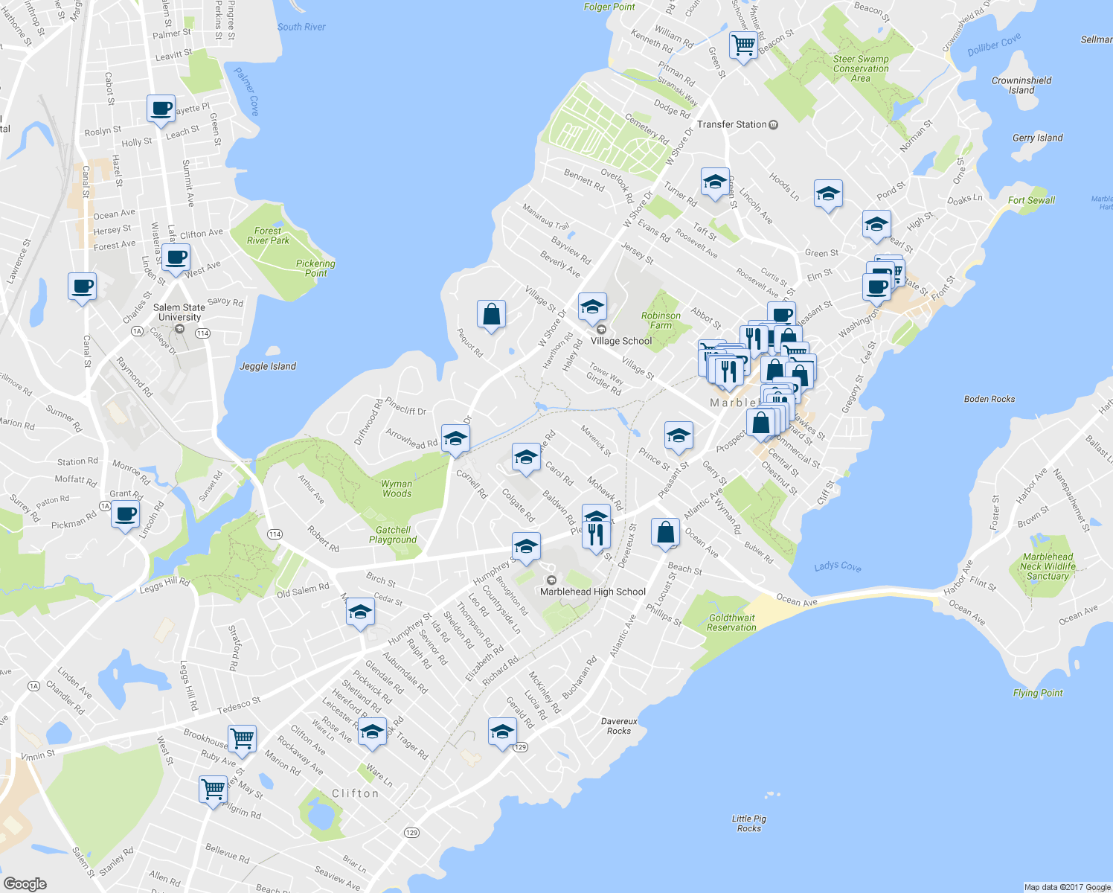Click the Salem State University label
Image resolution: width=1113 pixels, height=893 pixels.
(x=179, y=312)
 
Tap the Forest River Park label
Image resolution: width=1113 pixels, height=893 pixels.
(x=268, y=236)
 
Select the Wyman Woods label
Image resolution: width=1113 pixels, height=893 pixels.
(x=397, y=488)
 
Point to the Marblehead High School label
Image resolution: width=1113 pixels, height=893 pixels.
(x=592, y=592)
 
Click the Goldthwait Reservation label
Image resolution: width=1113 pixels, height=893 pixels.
(x=731, y=623)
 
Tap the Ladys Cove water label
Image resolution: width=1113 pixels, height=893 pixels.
(x=837, y=566)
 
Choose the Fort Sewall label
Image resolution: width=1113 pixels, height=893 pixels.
(x=1031, y=200)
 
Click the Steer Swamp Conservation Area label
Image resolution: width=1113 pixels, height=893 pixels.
(x=861, y=68)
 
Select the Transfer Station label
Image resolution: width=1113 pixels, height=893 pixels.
(x=732, y=124)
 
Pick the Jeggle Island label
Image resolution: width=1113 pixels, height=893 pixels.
(x=268, y=366)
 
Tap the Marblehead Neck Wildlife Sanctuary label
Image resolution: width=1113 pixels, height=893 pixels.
(x=1048, y=566)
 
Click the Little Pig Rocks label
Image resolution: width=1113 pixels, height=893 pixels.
(x=749, y=823)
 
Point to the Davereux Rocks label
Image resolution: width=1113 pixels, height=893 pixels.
(x=619, y=726)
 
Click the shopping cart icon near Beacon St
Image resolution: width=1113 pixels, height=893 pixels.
(x=743, y=45)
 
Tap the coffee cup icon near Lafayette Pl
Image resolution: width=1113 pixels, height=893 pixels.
(x=161, y=109)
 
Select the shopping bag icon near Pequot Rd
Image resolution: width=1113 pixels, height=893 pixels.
(x=491, y=314)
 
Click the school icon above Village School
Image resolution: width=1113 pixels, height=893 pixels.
(x=592, y=307)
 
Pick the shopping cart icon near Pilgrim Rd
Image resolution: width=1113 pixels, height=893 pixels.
(x=214, y=788)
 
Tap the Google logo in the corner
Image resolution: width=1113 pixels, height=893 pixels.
(x=25, y=883)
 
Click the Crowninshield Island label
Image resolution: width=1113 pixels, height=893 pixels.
(x=1021, y=85)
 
